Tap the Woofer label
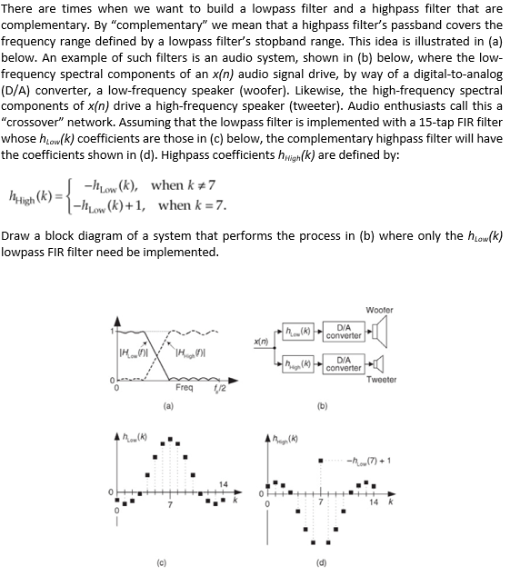tap(379, 310)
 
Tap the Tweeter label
tap(381, 380)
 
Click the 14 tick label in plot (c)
tap(223, 484)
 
